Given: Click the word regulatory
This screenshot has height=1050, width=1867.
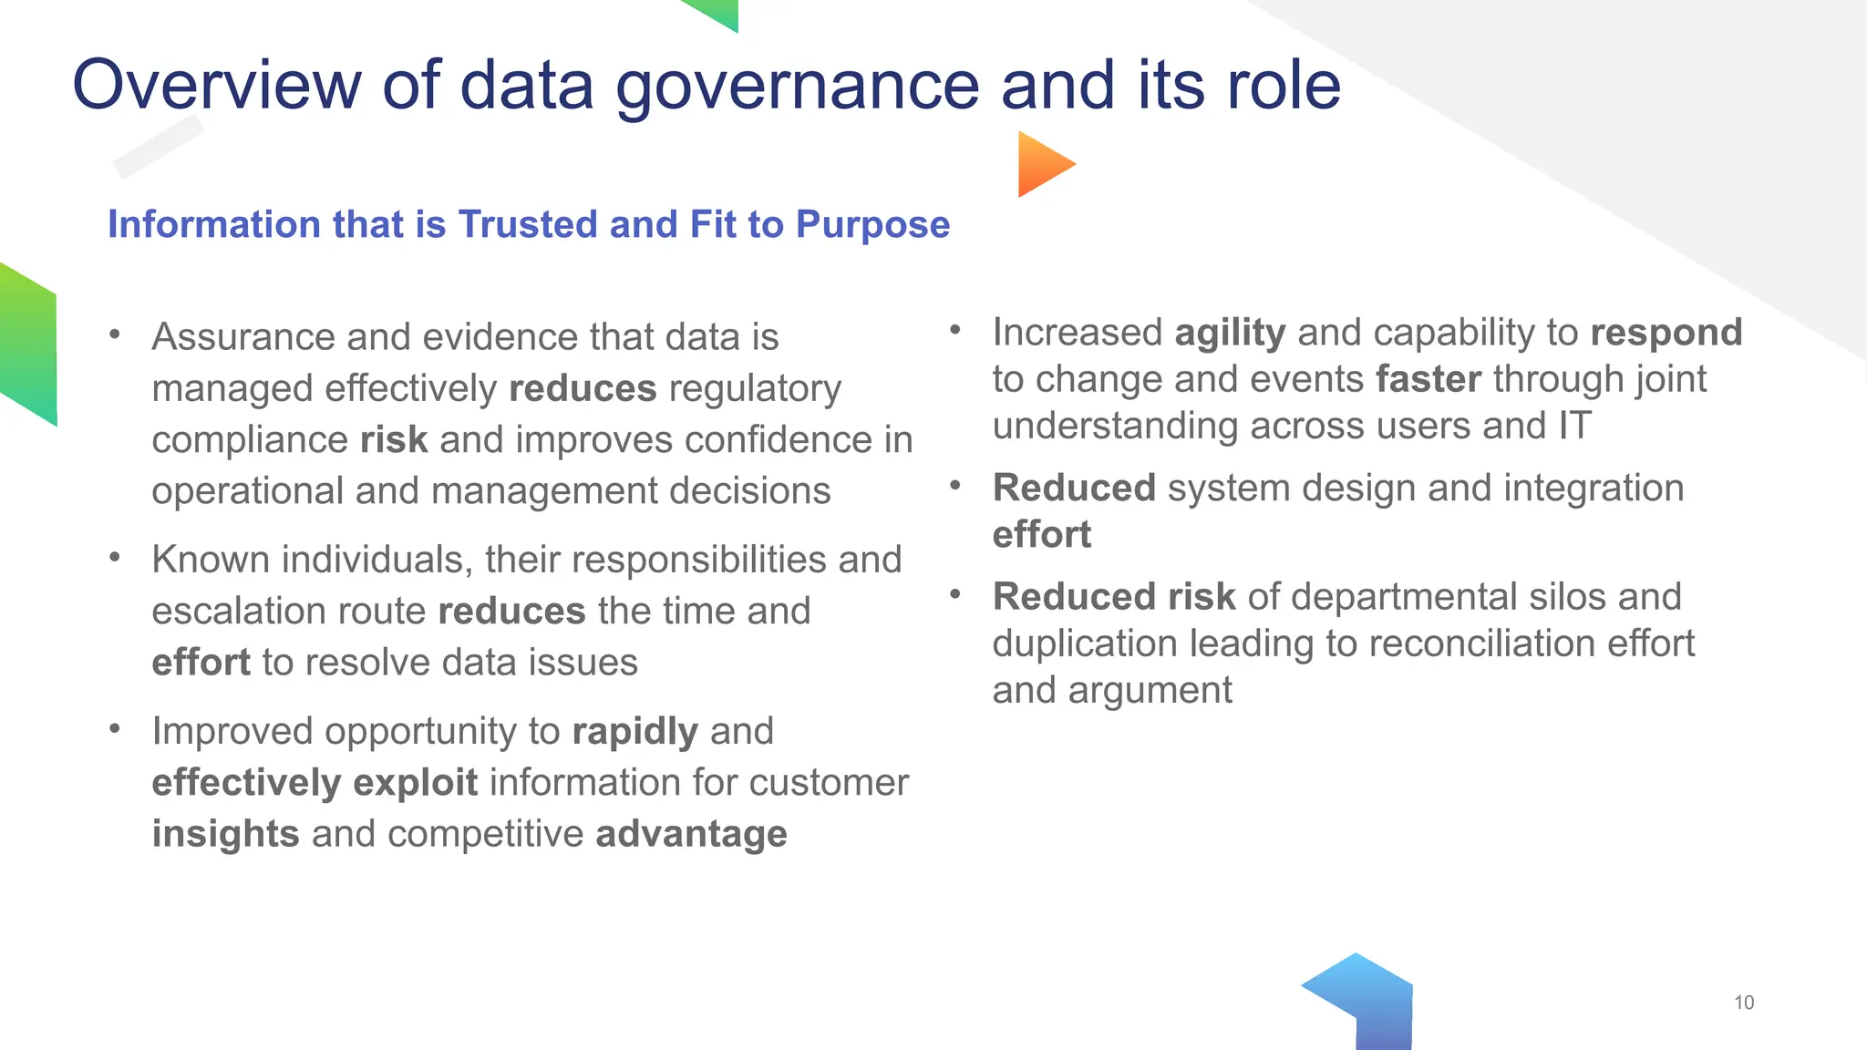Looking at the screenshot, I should [x=755, y=390].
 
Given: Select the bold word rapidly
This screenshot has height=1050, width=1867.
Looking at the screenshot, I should [x=634, y=732].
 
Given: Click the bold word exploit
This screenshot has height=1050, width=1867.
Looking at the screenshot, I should [x=415, y=783].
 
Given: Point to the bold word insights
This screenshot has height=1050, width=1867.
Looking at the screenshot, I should [x=225, y=834].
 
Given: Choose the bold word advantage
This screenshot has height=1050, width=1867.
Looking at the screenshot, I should [x=691, y=834].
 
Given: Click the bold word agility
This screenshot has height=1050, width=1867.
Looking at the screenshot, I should [x=1230, y=334].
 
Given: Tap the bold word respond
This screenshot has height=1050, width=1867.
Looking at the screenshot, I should [x=1666, y=334].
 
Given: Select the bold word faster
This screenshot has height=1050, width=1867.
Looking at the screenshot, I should [x=1429, y=379].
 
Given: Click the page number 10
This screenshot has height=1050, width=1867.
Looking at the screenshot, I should [x=1743, y=1003].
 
